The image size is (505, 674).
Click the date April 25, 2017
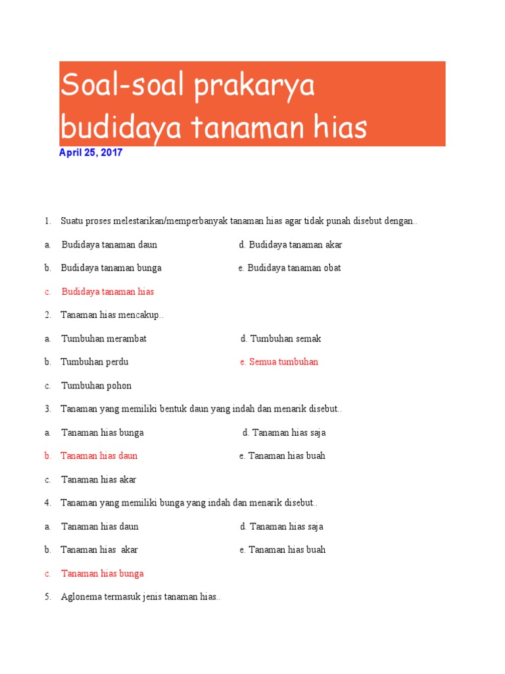[91, 153]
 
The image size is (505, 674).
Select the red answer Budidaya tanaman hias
[108, 292]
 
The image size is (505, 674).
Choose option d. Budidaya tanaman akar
[291, 245]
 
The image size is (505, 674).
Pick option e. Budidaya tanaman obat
[289, 268]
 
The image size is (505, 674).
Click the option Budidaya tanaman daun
[109, 245]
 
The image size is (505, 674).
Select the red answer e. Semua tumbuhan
[279, 362]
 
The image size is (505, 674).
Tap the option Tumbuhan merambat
[104, 339]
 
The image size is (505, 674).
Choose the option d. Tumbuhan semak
[281, 339]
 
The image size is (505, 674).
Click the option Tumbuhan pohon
[96, 386]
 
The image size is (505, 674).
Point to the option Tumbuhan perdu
[95, 362]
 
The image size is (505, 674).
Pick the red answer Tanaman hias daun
[99, 455]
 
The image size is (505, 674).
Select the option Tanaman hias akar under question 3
[99, 479]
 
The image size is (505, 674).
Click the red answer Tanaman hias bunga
[103, 573]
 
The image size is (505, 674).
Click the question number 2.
[48, 315]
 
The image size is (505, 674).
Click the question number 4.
[48, 503]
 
